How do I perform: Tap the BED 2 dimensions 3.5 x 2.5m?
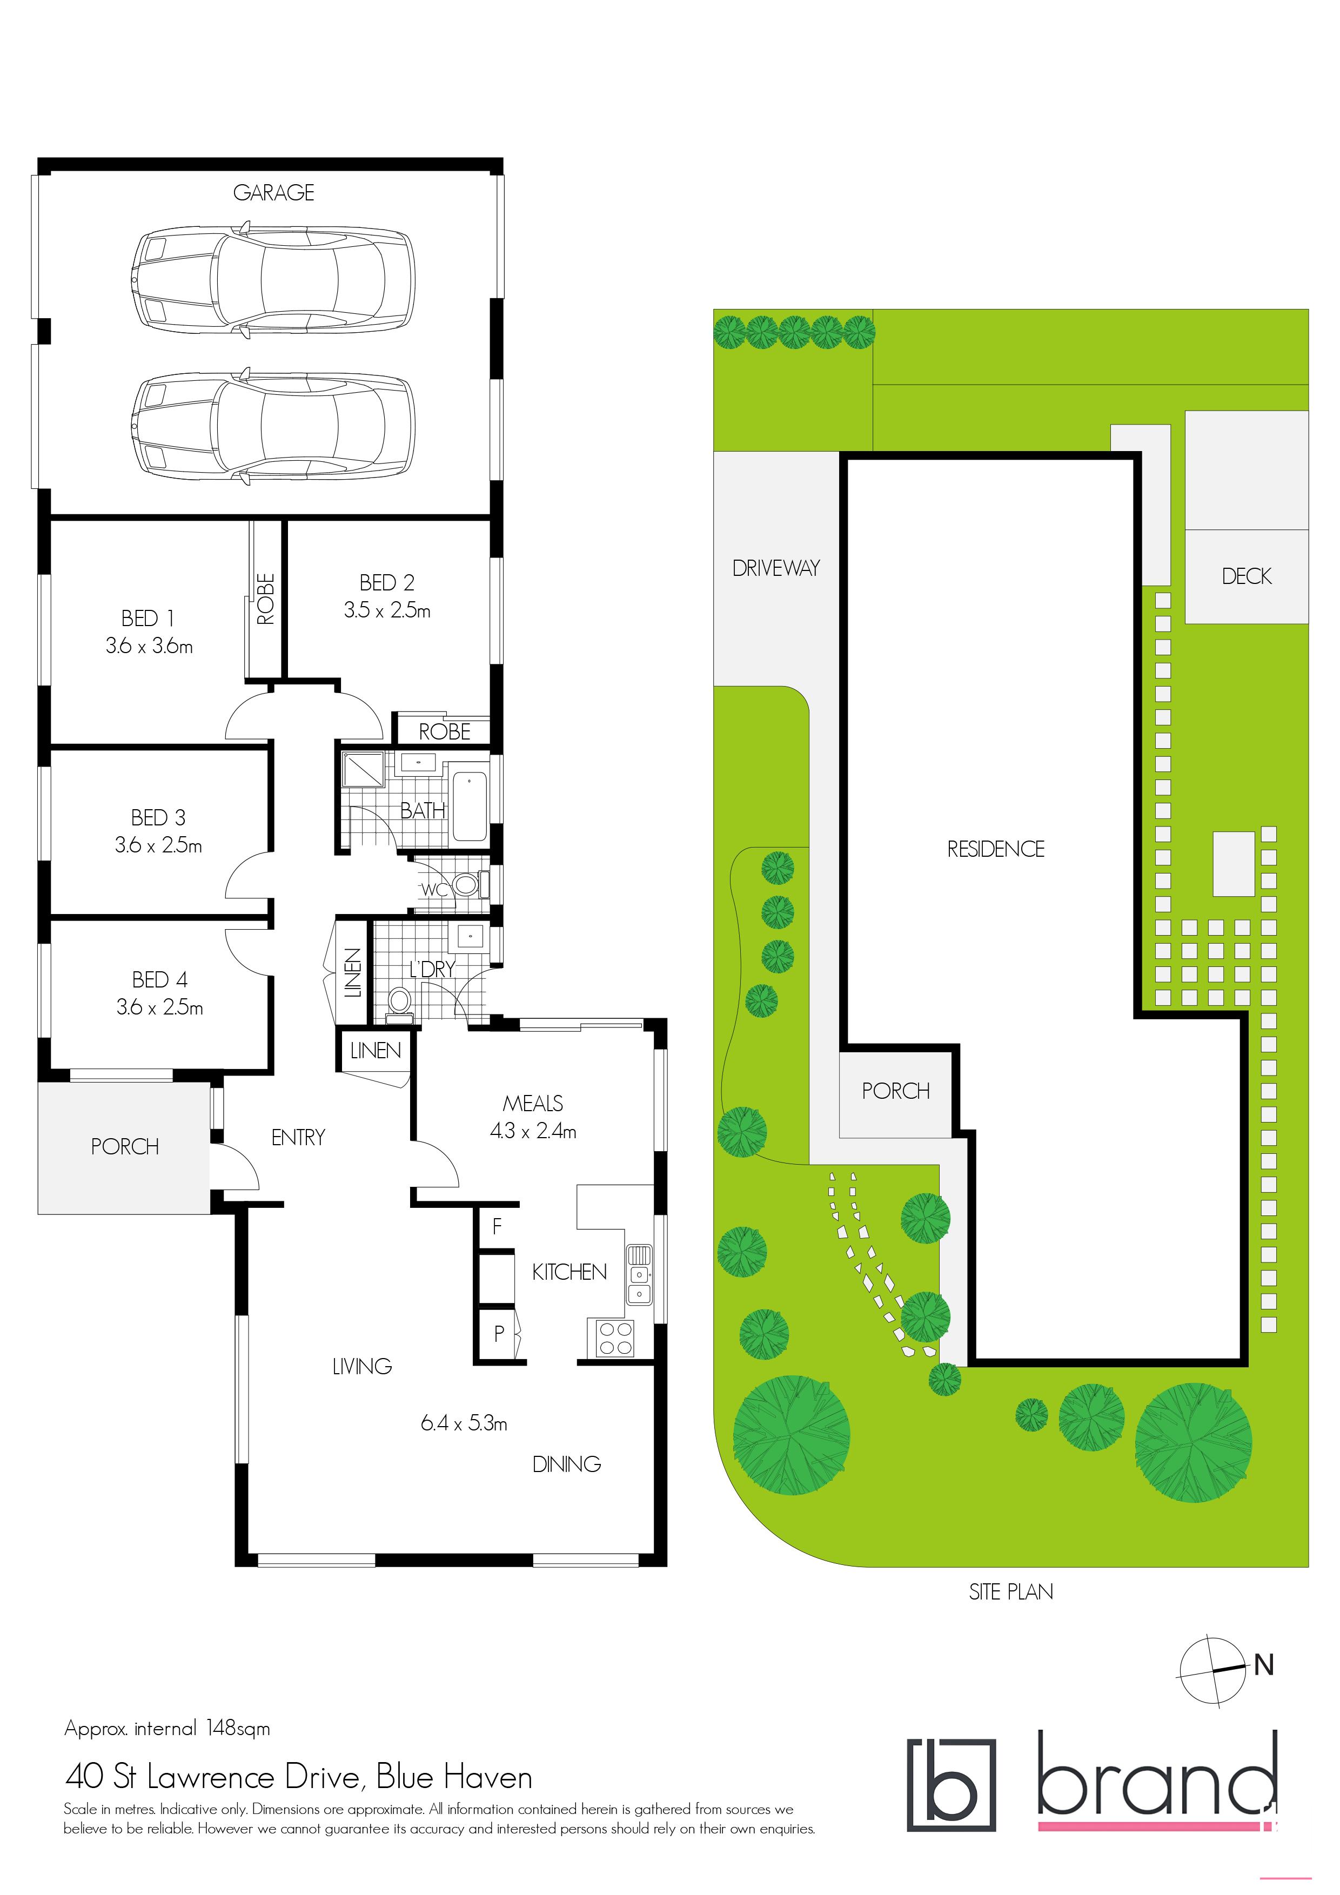(387, 611)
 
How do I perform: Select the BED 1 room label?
(148, 618)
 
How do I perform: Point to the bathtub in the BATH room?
(469, 805)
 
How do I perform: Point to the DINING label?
(566, 1464)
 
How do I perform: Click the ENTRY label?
(298, 1137)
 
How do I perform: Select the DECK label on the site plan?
(1247, 576)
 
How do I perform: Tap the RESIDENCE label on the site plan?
(996, 849)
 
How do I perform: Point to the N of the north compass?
(1263, 1665)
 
